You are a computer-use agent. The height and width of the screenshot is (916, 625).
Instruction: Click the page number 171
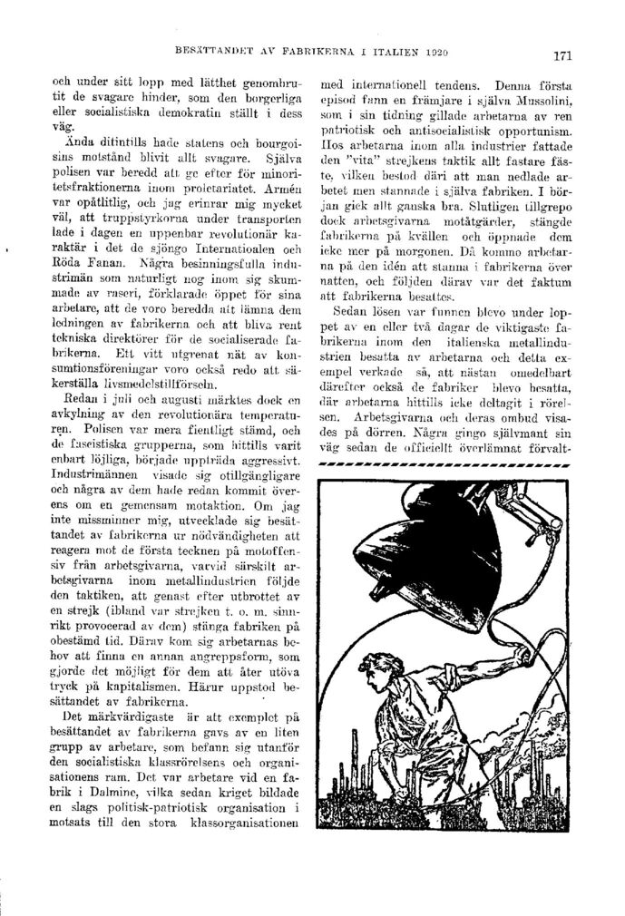click(x=561, y=55)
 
